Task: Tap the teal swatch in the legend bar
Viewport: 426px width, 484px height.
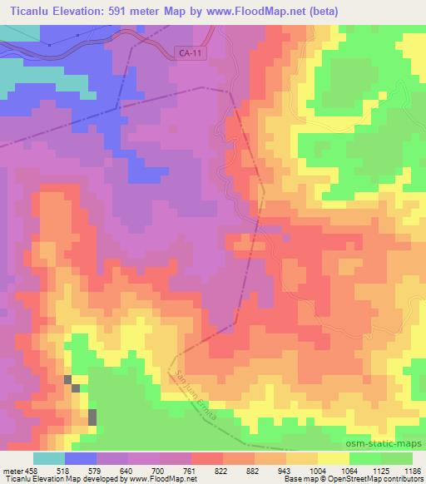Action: [49, 458]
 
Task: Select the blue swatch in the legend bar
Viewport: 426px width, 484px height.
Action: [81, 458]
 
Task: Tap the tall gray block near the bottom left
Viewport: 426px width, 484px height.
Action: [92, 417]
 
